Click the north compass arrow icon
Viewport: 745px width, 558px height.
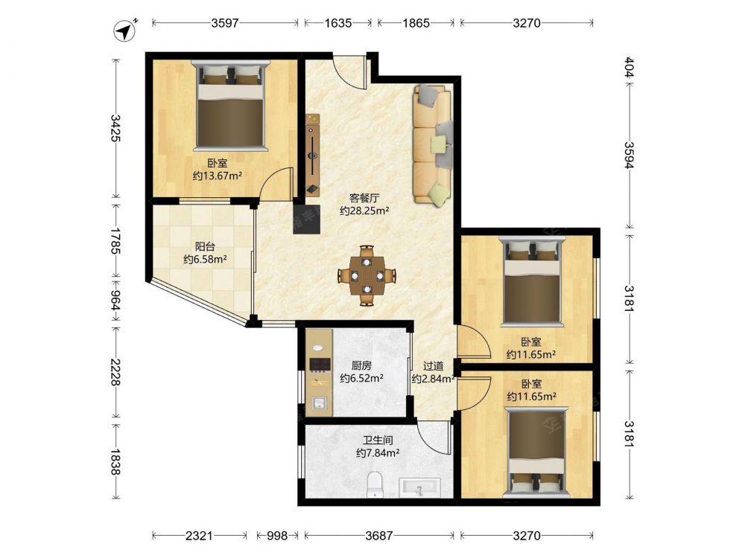(x=125, y=31)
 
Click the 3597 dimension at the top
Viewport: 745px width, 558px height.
(x=225, y=23)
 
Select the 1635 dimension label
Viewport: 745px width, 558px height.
(x=338, y=23)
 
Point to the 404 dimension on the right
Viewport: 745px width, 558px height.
(x=629, y=68)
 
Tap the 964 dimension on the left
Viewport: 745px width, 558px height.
(x=115, y=301)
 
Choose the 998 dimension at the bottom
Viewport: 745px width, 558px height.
(x=276, y=536)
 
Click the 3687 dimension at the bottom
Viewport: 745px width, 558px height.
(x=379, y=536)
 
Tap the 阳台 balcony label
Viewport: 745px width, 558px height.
(x=206, y=247)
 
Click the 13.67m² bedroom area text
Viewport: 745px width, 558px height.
(x=217, y=176)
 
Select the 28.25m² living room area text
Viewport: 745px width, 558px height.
(x=364, y=211)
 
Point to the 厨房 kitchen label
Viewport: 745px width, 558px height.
(x=361, y=366)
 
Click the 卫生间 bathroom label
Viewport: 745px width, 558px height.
(x=378, y=440)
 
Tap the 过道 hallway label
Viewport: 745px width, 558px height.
(x=434, y=366)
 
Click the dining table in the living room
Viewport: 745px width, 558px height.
(x=367, y=275)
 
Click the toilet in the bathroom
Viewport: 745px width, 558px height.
(x=375, y=484)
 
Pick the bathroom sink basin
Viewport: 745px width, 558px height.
(x=419, y=487)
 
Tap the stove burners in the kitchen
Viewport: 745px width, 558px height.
(x=320, y=365)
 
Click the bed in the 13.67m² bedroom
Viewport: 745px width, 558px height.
(x=230, y=106)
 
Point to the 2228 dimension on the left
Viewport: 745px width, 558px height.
(x=115, y=372)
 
